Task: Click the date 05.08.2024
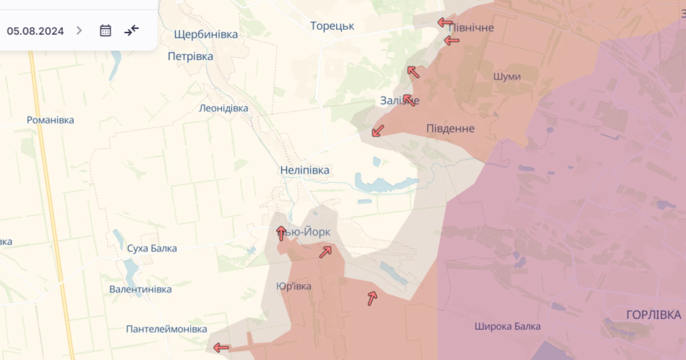pos(35,31)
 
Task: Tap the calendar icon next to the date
pos(105,31)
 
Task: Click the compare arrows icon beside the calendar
pos(131,30)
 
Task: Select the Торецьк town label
pos(332,26)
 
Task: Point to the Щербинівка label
pos(206,35)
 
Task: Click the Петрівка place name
pos(190,57)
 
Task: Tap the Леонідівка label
pos(224,108)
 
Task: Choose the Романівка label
pos(50,121)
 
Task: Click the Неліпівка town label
pos(305,170)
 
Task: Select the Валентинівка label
pos(141,289)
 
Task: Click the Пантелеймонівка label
pos(166,329)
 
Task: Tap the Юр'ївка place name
pos(293,286)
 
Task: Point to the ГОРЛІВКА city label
pos(653,315)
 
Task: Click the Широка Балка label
pos(507,327)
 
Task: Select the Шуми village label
pos(507,77)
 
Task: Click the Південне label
pos(450,129)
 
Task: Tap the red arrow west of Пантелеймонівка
pos(221,347)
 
